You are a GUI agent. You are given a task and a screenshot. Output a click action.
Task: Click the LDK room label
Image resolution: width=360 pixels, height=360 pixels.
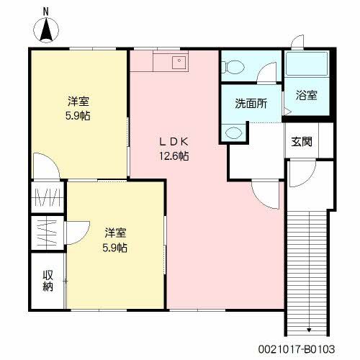[x=174, y=142]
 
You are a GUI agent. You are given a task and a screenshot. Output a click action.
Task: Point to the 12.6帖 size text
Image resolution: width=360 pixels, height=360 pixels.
[x=174, y=156]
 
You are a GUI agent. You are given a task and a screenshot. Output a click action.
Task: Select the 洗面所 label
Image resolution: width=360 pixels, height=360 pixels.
[x=251, y=103]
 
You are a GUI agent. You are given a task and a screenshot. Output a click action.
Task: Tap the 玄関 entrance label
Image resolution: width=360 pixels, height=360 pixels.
[x=302, y=141]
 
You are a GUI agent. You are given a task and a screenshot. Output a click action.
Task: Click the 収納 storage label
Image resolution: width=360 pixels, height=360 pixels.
[x=48, y=280]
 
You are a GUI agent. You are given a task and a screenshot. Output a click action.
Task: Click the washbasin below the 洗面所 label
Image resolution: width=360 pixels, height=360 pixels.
[x=233, y=133]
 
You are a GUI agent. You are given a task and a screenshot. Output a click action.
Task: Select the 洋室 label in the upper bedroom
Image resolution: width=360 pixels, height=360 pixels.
[x=79, y=101]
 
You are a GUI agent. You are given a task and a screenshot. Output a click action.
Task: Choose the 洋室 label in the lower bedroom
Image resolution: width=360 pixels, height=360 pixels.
[x=115, y=233]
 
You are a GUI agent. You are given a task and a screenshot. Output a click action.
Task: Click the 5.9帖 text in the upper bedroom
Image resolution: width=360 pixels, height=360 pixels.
[x=79, y=115]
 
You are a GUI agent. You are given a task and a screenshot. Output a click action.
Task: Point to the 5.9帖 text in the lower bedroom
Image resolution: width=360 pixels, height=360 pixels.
[x=115, y=248]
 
